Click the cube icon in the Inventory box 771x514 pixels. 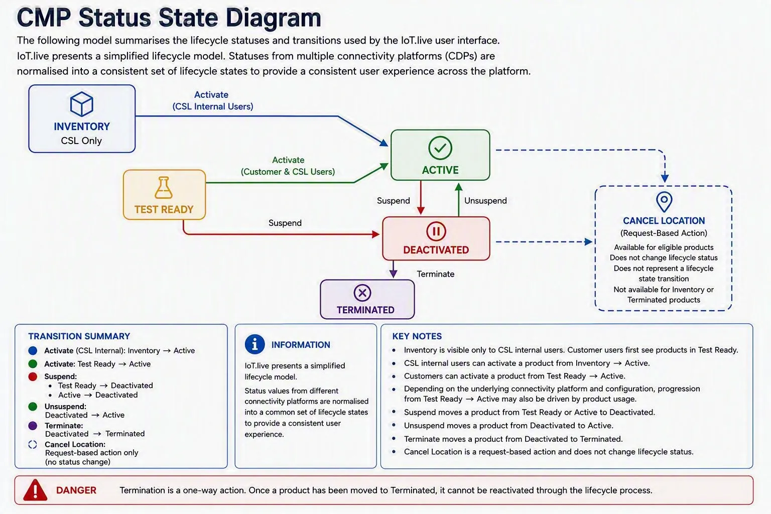tap(82, 103)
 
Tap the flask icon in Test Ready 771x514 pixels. tap(164, 188)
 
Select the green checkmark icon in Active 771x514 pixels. tap(440, 148)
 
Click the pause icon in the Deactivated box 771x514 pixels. tap(436, 231)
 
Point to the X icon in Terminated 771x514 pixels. tap(362, 293)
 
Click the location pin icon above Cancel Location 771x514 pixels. tap(664, 202)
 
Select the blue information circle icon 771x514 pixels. tap(254, 344)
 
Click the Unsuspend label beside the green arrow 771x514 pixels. tap(485, 201)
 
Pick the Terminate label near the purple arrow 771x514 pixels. tap(435, 274)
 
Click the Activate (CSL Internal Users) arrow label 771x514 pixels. tap(213, 100)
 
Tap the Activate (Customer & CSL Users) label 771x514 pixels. tap(288, 166)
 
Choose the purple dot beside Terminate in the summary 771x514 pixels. tap(33, 426)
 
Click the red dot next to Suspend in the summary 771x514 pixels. tap(33, 376)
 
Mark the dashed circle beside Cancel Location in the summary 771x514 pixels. tap(33, 444)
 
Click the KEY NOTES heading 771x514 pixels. tap(417, 336)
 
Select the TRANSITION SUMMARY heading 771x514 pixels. tap(79, 336)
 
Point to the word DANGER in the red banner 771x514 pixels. tap(76, 490)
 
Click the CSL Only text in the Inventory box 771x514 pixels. tap(81, 141)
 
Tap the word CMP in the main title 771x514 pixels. tap(44, 18)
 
